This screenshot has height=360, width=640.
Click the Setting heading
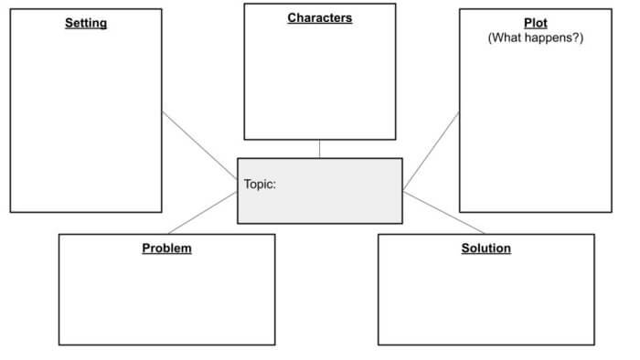86,23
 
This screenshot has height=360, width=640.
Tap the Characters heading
319,17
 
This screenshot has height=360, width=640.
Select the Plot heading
536,23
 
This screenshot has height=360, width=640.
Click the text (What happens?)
536,37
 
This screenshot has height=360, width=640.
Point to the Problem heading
166,248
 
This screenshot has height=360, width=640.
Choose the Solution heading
485,248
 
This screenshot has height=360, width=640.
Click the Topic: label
261,184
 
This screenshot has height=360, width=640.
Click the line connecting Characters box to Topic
319,149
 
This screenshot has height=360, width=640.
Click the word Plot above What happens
536,23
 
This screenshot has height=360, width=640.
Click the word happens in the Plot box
549,37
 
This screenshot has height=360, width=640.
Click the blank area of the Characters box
319,82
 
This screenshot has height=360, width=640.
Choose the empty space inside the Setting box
86,119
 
